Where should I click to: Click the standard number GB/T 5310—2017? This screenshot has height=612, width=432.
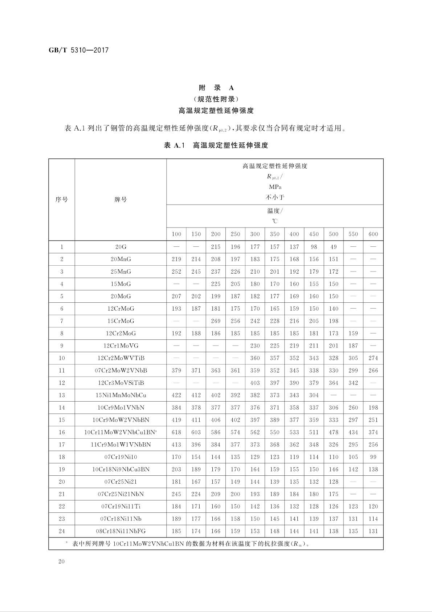tap(78, 51)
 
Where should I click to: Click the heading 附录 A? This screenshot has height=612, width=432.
tap(216, 88)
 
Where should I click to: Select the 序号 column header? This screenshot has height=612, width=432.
tap(62, 200)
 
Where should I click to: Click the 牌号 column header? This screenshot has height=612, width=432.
tap(121, 200)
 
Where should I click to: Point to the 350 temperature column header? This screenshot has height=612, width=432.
tap(275, 234)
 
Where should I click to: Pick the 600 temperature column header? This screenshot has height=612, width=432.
tap(373, 234)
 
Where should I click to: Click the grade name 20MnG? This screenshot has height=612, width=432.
tap(121, 259)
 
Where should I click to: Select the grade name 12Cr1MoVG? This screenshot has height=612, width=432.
tap(121, 346)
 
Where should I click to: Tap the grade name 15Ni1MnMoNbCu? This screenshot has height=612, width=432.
tap(121, 395)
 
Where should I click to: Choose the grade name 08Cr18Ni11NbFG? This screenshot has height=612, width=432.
tap(121, 531)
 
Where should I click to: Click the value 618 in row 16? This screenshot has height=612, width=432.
tap(176, 432)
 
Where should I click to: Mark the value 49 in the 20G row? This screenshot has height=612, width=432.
tap(334, 247)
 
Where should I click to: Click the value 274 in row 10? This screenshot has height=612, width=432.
tap(373, 358)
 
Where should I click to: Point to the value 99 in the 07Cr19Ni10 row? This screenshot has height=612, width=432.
tap(373, 457)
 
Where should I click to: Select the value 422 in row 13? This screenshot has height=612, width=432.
tap(176, 395)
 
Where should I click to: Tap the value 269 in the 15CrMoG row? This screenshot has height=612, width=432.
tap(216, 321)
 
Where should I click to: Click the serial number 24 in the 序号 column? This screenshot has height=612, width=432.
tap(62, 531)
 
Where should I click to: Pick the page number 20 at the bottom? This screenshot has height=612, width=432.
tap(61, 561)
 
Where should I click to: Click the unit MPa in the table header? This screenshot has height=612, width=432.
tap(275, 187)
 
